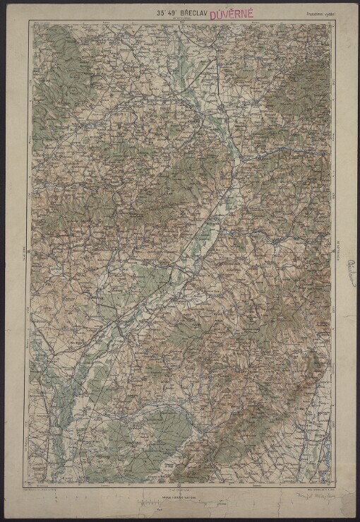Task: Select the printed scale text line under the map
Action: click(179, 496)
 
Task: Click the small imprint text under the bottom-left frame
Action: click(53, 489)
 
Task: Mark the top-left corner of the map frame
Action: click(30, 21)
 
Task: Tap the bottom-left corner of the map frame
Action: click(30, 485)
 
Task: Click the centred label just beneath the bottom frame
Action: click(179, 488)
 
